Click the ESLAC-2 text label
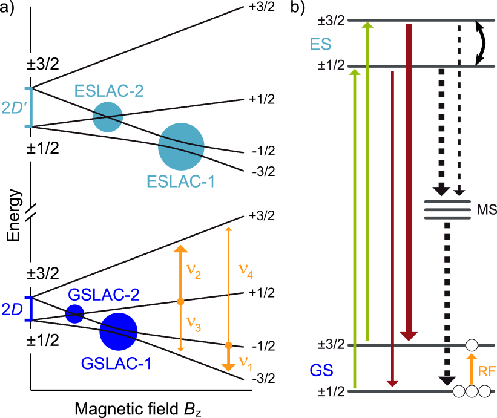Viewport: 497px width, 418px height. (x=109, y=91)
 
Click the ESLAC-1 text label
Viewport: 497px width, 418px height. (x=181, y=181)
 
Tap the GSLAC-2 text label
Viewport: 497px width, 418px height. (x=104, y=295)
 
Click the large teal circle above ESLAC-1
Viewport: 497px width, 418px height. (x=181, y=146)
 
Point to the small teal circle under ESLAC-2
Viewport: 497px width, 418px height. (x=108, y=117)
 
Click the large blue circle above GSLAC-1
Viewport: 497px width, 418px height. (x=119, y=331)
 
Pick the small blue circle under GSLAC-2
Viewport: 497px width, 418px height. (x=75, y=314)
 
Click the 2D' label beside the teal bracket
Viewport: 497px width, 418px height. (x=12, y=108)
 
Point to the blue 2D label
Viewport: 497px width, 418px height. (x=12, y=309)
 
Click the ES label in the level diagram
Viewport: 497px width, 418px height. (x=320, y=44)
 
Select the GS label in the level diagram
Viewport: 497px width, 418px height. (x=321, y=370)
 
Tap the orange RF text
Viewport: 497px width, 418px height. (x=487, y=371)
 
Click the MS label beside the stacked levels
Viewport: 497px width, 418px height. (x=486, y=210)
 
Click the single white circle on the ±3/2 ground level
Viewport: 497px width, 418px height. (x=472, y=345)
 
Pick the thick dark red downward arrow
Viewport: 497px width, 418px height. (x=409, y=181)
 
